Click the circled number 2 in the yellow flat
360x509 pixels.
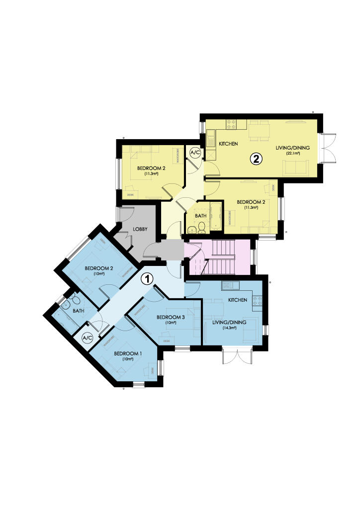(x=256, y=159)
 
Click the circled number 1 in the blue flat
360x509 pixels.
(x=147, y=279)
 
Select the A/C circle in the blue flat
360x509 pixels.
(x=88, y=338)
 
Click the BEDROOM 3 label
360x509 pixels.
(x=171, y=317)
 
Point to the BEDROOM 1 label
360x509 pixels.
(x=128, y=353)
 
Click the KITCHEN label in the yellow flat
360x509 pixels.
(x=229, y=144)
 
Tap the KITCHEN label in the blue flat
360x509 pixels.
(x=238, y=300)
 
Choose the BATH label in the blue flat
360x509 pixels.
(x=79, y=311)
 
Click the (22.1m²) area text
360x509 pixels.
(x=292, y=154)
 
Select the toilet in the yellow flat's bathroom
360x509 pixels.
(x=201, y=228)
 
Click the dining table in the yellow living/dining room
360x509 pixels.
(x=259, y=132)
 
